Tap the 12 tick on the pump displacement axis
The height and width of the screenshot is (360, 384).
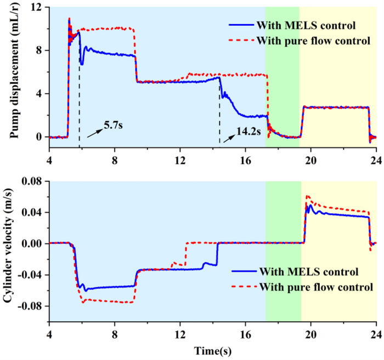click(x=37, y=7)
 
